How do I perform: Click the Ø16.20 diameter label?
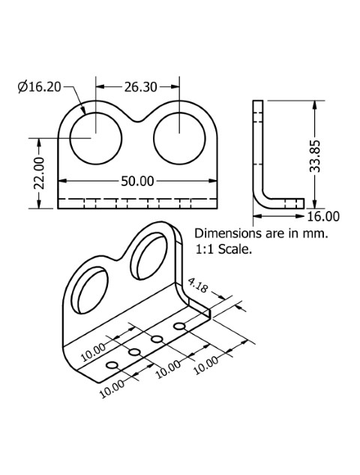pos(39,87)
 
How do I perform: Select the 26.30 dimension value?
pos(141,87)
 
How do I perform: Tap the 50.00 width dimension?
pos(137,181)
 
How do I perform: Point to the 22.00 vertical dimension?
pos(39,173)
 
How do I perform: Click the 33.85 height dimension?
pos(315,156)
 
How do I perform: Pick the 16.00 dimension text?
pos(323,216)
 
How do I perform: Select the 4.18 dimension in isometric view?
pos(198,285)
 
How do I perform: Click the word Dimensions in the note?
pos(224,233)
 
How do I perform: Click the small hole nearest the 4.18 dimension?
pos(179,326)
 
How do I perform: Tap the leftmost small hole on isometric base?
pos(112,365)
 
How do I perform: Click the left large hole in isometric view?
pos(90,290)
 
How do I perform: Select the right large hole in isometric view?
pos(149,257)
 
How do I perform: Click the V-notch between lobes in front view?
pos(138,121)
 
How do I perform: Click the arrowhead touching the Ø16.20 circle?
pos(83,110)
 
